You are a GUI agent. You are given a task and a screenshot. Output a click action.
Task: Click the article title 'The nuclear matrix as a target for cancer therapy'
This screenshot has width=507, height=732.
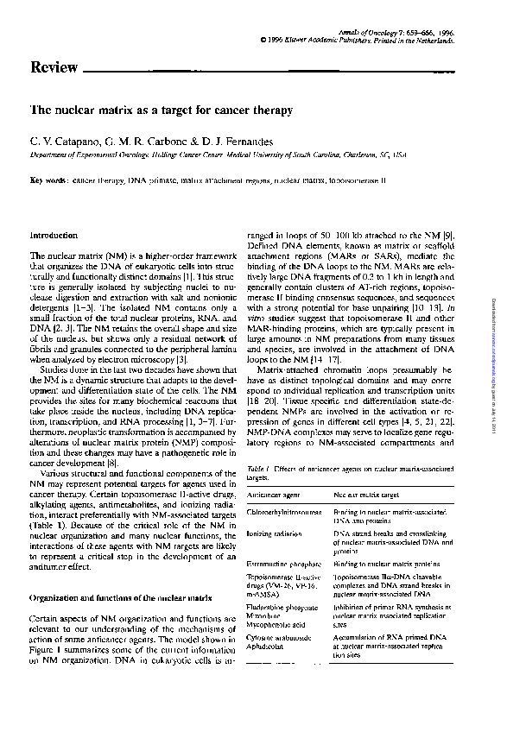pos(162,111)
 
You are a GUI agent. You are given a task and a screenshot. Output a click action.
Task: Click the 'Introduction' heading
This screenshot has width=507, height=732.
pos(54,235)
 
